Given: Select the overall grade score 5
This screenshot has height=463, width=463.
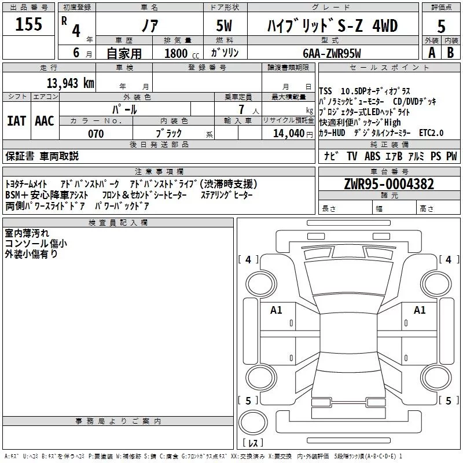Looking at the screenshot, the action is click(441, 26).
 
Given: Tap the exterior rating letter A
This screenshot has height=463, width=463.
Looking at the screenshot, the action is click(431, 52).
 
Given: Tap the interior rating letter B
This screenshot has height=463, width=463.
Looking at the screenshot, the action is click(450, 52).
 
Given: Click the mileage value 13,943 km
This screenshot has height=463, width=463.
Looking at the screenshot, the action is click(70, 83).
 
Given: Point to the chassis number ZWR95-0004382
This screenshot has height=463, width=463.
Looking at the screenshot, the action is click(389, 184).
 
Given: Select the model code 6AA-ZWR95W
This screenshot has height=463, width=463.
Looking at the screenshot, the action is click(332, 53).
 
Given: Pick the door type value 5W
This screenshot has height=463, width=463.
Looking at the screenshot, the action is click(226, 26).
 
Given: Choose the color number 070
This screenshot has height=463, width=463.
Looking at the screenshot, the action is click(95, 134).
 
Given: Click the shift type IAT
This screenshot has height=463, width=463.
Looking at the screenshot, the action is click(16, 120).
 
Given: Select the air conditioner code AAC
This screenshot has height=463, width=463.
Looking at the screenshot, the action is click(44, 120).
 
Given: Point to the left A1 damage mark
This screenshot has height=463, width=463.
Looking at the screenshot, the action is click(276, 310).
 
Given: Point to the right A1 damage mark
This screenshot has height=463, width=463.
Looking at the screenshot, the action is click(420, 310).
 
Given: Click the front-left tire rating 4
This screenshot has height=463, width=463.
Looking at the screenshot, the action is click(248, 260).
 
